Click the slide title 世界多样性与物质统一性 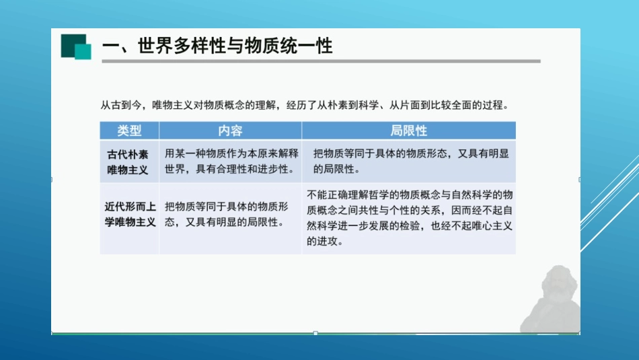(x=217, y=46)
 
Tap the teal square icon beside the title (x=76, y=46)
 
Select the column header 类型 (x=129, y=131)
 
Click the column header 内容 (x=230, y=131)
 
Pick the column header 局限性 (x=408, y=131)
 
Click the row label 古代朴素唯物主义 (x=128, y=161)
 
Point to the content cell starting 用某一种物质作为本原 (x=230, y=161)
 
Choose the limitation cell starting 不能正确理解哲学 (x=409, y=217)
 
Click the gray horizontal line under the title (x=321, y=61)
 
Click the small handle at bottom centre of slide (x=315, y=333)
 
